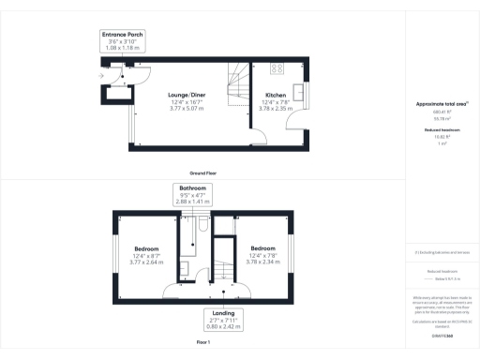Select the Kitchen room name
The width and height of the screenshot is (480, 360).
tap(276, 95)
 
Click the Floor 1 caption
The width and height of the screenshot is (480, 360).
tap(204, 344)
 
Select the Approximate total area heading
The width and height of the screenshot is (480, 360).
tap(440, 104)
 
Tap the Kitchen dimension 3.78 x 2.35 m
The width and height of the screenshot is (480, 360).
tap(276, 108)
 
